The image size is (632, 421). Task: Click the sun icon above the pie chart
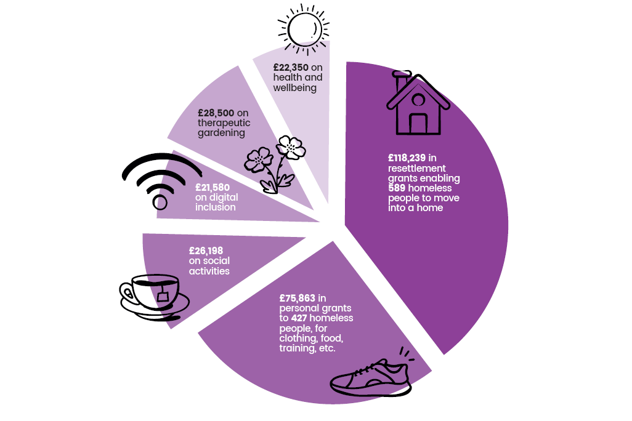coord(304,30)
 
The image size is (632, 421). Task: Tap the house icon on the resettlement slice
coord(418,103)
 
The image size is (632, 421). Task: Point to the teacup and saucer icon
coord(155,297)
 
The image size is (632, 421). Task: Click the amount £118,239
coord(407,158)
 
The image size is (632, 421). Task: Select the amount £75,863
coord(298,298)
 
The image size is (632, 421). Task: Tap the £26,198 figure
coord(206,251)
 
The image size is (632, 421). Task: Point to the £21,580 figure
coord(213,188)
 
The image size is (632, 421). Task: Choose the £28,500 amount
coord(216,113)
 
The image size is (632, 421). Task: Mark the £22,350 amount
coord(291,68)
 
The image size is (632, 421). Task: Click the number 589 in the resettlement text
coord(397,188)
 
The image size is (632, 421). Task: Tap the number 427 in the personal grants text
coord(299,318)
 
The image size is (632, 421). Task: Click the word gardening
coord(221,134)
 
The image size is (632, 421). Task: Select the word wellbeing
coord(294,88)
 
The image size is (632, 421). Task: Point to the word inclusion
coord(215,207)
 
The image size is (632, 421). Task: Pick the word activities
coord(209,271)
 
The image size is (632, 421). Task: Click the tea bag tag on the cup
coord(163,297)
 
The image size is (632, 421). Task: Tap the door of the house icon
coord(418,124)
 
